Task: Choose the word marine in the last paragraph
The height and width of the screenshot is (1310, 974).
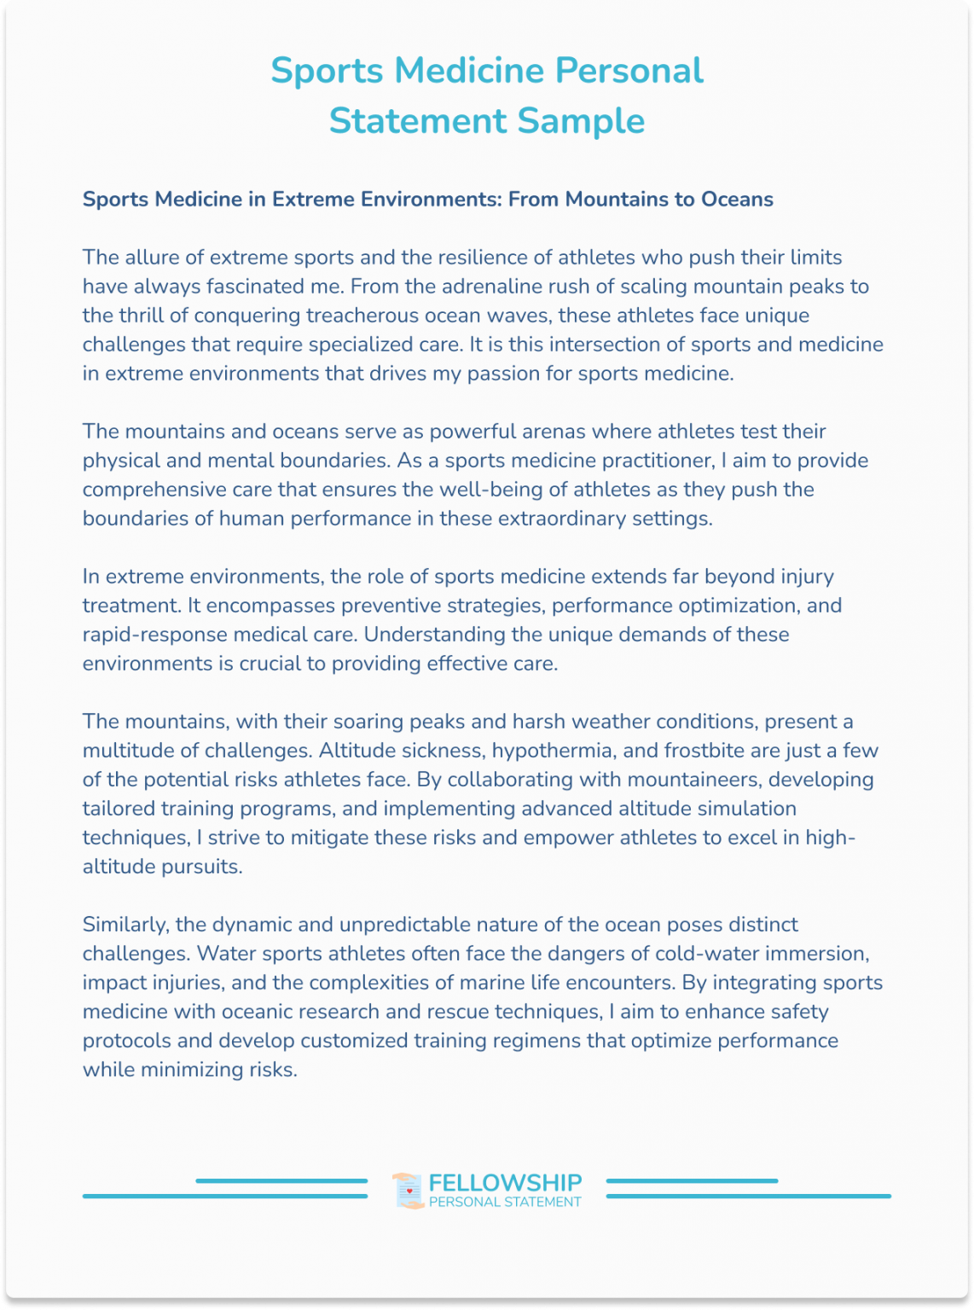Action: pyautogui.click(x=490, y=982)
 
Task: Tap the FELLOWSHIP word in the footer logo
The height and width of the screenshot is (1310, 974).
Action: pyautogui.click(x=505, y=1183)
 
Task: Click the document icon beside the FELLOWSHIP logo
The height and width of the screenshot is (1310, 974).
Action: pyautogui.click(x=409, y=1191)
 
